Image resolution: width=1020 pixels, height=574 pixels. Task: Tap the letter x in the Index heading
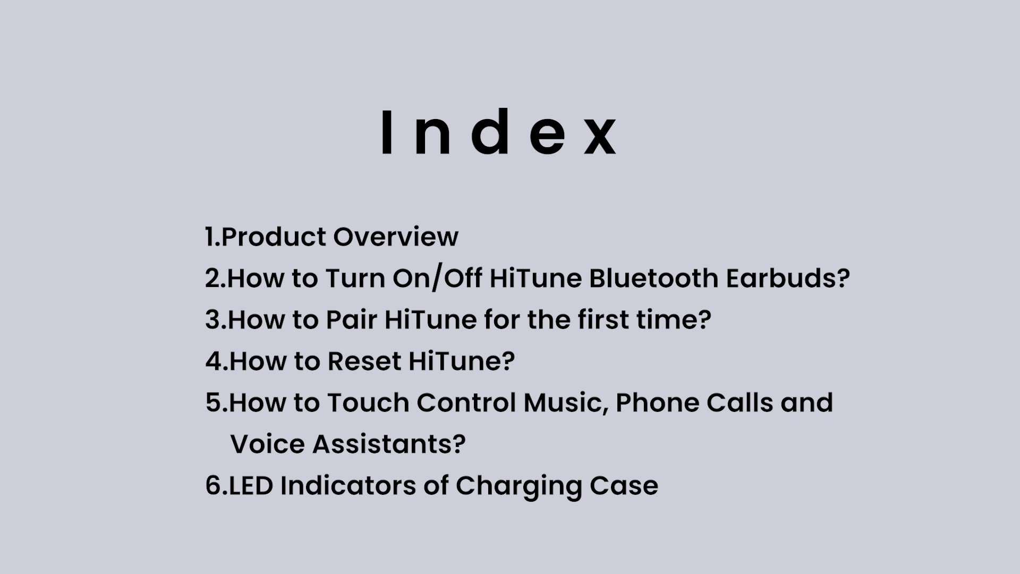pos(600,137)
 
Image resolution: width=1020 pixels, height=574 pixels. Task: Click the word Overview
pos(396,237)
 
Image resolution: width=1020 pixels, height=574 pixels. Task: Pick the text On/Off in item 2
pos(437,278)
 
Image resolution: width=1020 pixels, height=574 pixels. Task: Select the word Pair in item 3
pos(351,319)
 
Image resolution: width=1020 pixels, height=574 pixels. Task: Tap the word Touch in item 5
pos(368,402)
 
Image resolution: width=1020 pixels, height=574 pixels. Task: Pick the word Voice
pos(268,444)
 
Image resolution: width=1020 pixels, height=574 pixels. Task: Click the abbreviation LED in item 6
pos(251,485)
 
